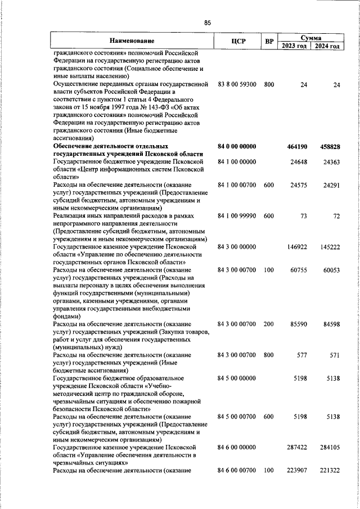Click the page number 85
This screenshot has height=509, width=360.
pyautogui.click(x=208, y=22)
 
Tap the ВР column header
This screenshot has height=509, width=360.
pyautogui.click(x=269, y=41)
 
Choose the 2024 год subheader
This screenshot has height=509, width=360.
pyautogui.click(x=327, y=46)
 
